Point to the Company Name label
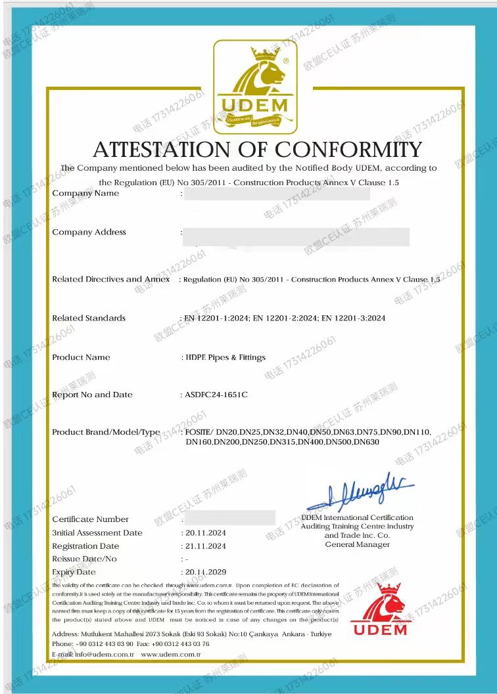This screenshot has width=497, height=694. tap(85, 194)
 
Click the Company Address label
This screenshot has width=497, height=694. tap(89, 232)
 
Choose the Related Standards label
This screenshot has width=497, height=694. tap(89, 318)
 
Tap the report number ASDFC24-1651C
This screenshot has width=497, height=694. tap(217, 395)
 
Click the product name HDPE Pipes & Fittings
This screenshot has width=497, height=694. tap(225, 358)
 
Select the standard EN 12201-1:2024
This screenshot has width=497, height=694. tap(215, 318)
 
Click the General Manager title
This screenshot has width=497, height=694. tap(357, 544)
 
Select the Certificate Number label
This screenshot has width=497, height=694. tap(91, 519)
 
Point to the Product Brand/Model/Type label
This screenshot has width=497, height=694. tap(106, 433)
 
